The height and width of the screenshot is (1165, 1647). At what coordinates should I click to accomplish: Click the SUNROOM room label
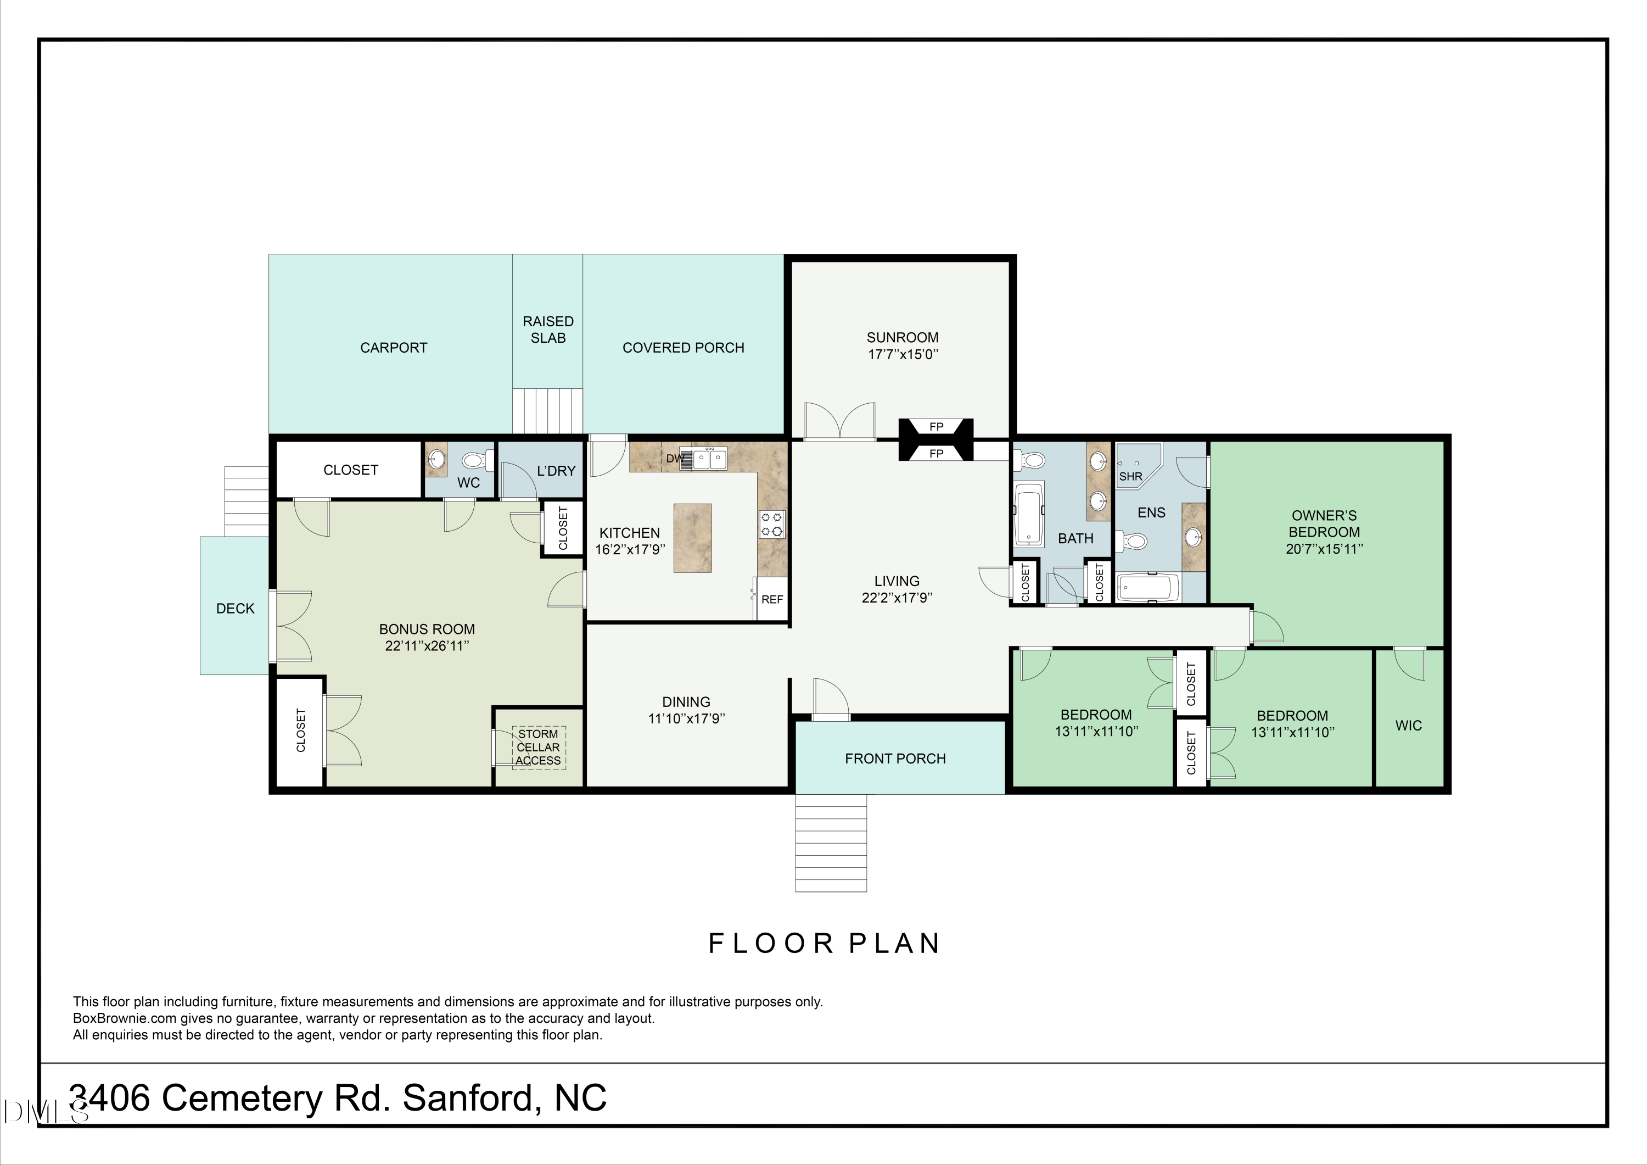(903, 337)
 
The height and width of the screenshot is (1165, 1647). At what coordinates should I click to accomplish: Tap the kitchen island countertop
(692, 538)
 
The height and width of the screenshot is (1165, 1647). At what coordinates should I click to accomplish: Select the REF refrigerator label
(772, 599)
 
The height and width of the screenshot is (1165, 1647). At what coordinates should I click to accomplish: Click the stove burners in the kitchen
(772, 524)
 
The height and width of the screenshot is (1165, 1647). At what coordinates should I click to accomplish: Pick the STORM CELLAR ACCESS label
(538, 747)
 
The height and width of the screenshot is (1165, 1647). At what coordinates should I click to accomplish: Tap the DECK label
(236, 609)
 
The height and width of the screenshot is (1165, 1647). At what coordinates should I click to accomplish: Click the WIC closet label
(1408, 726)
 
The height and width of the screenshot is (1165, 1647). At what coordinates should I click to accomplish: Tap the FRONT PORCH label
(895, 759)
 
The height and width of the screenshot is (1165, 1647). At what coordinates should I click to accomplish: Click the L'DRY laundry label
(556, 471)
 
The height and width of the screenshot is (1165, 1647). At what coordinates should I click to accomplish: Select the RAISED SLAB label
(548, 330)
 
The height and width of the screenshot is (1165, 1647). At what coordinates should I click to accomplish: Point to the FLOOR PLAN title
(824, 943)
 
